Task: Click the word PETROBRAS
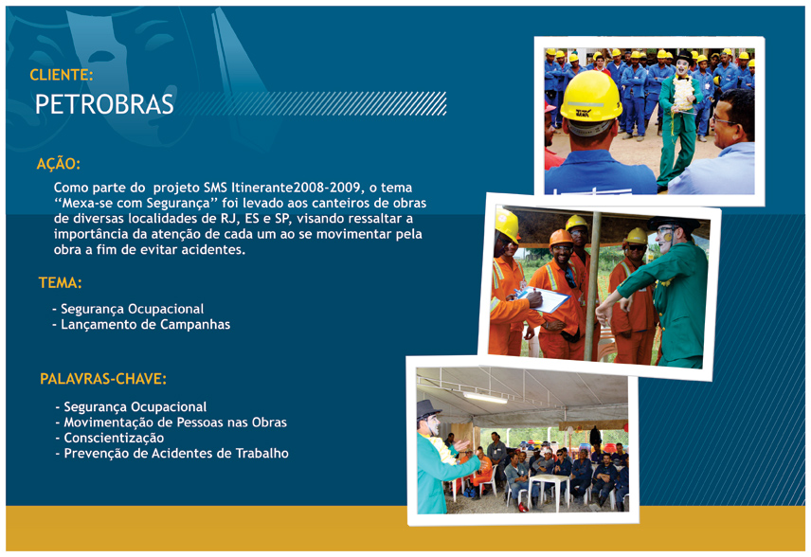pos(104,104)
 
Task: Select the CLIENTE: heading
pos(61,75)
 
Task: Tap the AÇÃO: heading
pos(59,164)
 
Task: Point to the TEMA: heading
pos(60,283)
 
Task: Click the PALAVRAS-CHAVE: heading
pos(103,379)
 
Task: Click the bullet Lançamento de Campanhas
pos(141,324)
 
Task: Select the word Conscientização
pos(114,438)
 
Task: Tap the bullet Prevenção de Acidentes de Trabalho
pos(171,454)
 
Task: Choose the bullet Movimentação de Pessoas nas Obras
pos(171,422)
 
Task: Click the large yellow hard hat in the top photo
pos(591,97)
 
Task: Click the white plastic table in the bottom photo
pos(550,490)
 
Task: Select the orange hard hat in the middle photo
pos(561,238)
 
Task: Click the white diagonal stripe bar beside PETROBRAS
pos(313,103)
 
